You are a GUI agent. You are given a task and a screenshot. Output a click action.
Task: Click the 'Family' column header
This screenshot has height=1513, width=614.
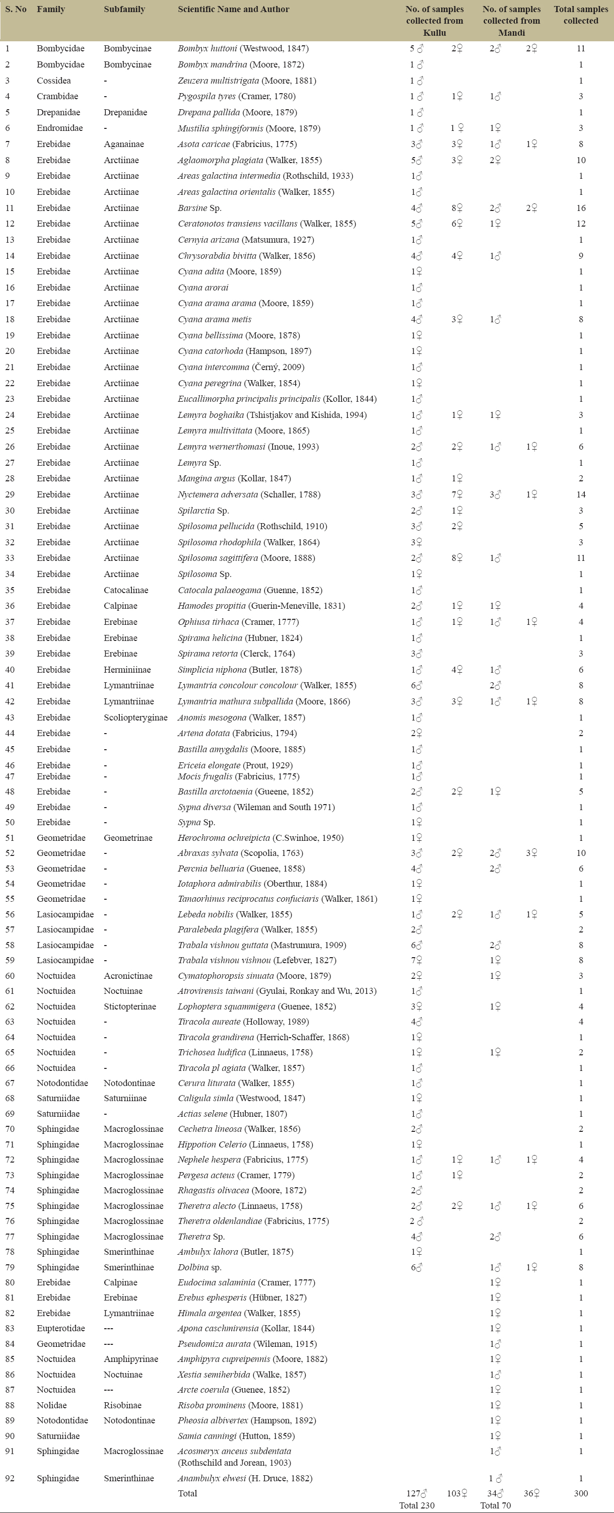click(50, 10)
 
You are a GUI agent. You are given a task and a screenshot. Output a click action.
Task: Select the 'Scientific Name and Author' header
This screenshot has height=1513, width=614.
click(233, 10)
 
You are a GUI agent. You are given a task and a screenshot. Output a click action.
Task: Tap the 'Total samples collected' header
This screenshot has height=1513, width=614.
click(581, 15)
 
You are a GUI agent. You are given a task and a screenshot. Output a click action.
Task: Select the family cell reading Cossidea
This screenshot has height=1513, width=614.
click(53, 81)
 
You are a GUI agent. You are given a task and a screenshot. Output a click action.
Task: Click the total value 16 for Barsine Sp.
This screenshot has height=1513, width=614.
click(581, 208)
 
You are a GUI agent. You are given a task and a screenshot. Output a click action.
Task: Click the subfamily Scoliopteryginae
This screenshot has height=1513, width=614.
click(135, 717)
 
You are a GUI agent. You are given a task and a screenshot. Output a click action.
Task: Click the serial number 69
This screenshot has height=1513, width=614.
click(10, 1114)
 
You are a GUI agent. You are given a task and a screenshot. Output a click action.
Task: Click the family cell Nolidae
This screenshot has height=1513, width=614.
click(51, 1405)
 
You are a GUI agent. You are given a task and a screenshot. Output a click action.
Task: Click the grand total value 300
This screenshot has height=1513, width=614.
click(581, 1493)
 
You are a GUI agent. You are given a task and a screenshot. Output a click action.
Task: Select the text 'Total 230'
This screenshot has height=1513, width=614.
click(417, 1505)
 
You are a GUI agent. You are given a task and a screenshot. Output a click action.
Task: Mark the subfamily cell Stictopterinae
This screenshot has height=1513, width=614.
click(130, 1006)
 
